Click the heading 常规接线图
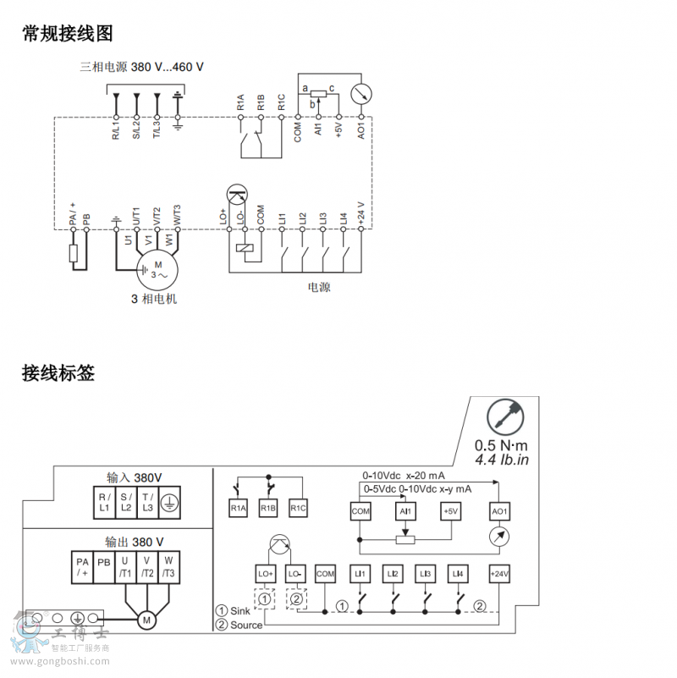[x=68, y=34]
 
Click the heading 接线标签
[x=58, y=372]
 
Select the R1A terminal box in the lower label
[x=239, y=508]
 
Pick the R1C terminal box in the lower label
[x=298, y=508]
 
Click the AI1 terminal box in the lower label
[x=405, y=511]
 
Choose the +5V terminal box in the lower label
[x=450, y=511]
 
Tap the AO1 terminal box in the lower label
[x=499, y=511]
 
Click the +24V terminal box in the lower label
[x=499, y=574]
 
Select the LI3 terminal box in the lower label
[x=425, y=574]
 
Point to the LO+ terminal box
[x=265, y=574]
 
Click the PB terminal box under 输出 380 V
[x=103, y=567]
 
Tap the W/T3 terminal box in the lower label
[x=168, y=567]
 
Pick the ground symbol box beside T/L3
[x=168, y=502]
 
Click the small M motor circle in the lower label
[x=146, y=620]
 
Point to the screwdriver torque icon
[x=505, y=417]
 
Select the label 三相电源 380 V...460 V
[x=142, y=67]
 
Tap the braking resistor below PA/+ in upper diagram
[x=74, y=254]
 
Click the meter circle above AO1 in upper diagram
[x=361, y=92]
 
